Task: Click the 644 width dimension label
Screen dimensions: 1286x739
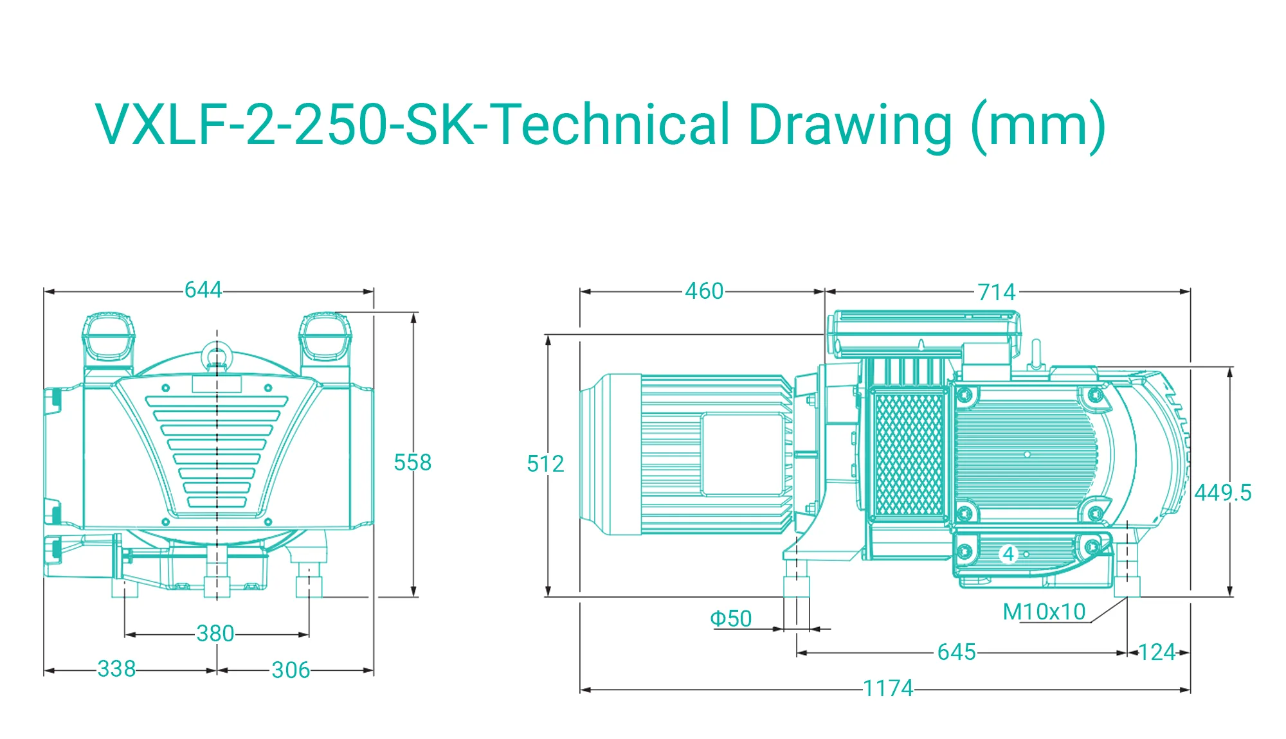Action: [203, 290]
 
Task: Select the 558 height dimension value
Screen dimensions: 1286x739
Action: [412, 462]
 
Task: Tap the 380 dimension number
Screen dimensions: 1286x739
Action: [215, 634]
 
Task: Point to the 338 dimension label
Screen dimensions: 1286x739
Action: [116, 668]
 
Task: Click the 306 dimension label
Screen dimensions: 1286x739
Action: [291, 670]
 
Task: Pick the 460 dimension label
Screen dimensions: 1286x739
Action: [704, 291]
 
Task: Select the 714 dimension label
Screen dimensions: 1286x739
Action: [997, 292]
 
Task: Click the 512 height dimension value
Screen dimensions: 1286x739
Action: [545, 463]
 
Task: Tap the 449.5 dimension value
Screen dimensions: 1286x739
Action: [1223, 493]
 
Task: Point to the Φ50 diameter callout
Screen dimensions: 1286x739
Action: [730, 618]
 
